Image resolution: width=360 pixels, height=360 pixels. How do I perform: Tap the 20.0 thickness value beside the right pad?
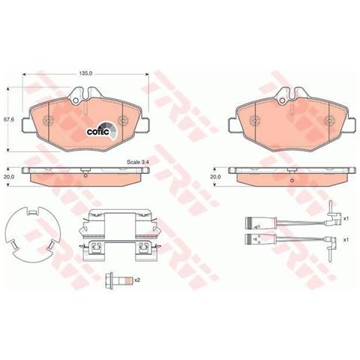coord(217,178)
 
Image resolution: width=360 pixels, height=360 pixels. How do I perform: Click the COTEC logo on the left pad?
coord(100,129)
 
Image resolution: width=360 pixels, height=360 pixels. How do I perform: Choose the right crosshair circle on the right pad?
coord(328,120)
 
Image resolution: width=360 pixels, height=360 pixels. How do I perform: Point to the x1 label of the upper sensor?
coord(346,218)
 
